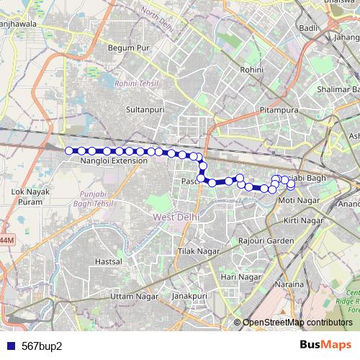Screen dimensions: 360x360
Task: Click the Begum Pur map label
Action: click(x=127, y=48)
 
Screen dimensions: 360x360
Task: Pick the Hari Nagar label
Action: click(x=240, y=276)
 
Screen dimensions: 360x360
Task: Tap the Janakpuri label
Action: click(x=189, y=296)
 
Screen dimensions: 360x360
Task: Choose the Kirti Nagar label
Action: click(x=301, y=219)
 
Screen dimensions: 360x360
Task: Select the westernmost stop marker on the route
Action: click(x=69, y=150)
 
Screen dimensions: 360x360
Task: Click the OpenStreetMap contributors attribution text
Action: click(x=297, y=323)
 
